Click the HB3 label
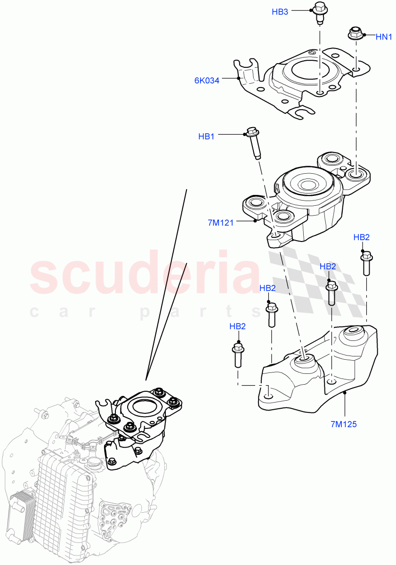(280, 12)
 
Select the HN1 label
(384, 36)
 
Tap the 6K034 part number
(207, 80)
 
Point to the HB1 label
(206, 137)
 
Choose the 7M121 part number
(221, 223)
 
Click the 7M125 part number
(344, 424)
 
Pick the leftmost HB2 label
(238, 326)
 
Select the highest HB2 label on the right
(362, 238)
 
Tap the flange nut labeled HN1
(355, 34)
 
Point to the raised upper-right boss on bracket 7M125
(353, 335)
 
